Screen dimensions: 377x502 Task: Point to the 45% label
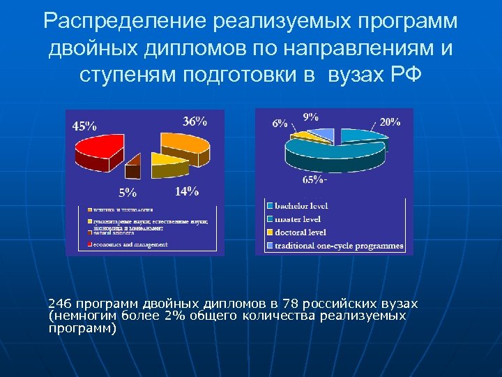[85, 126]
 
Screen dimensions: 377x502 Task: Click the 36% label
[195, 121]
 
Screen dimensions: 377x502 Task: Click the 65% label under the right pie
[313, 180]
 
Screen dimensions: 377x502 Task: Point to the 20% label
[389, 121]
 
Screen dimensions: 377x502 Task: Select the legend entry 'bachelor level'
[301, 206]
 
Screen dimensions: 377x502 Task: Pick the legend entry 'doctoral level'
[301, 232]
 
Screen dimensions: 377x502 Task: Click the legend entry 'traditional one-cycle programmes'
[339, 246]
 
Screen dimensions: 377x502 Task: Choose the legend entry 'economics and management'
[130, 244]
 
